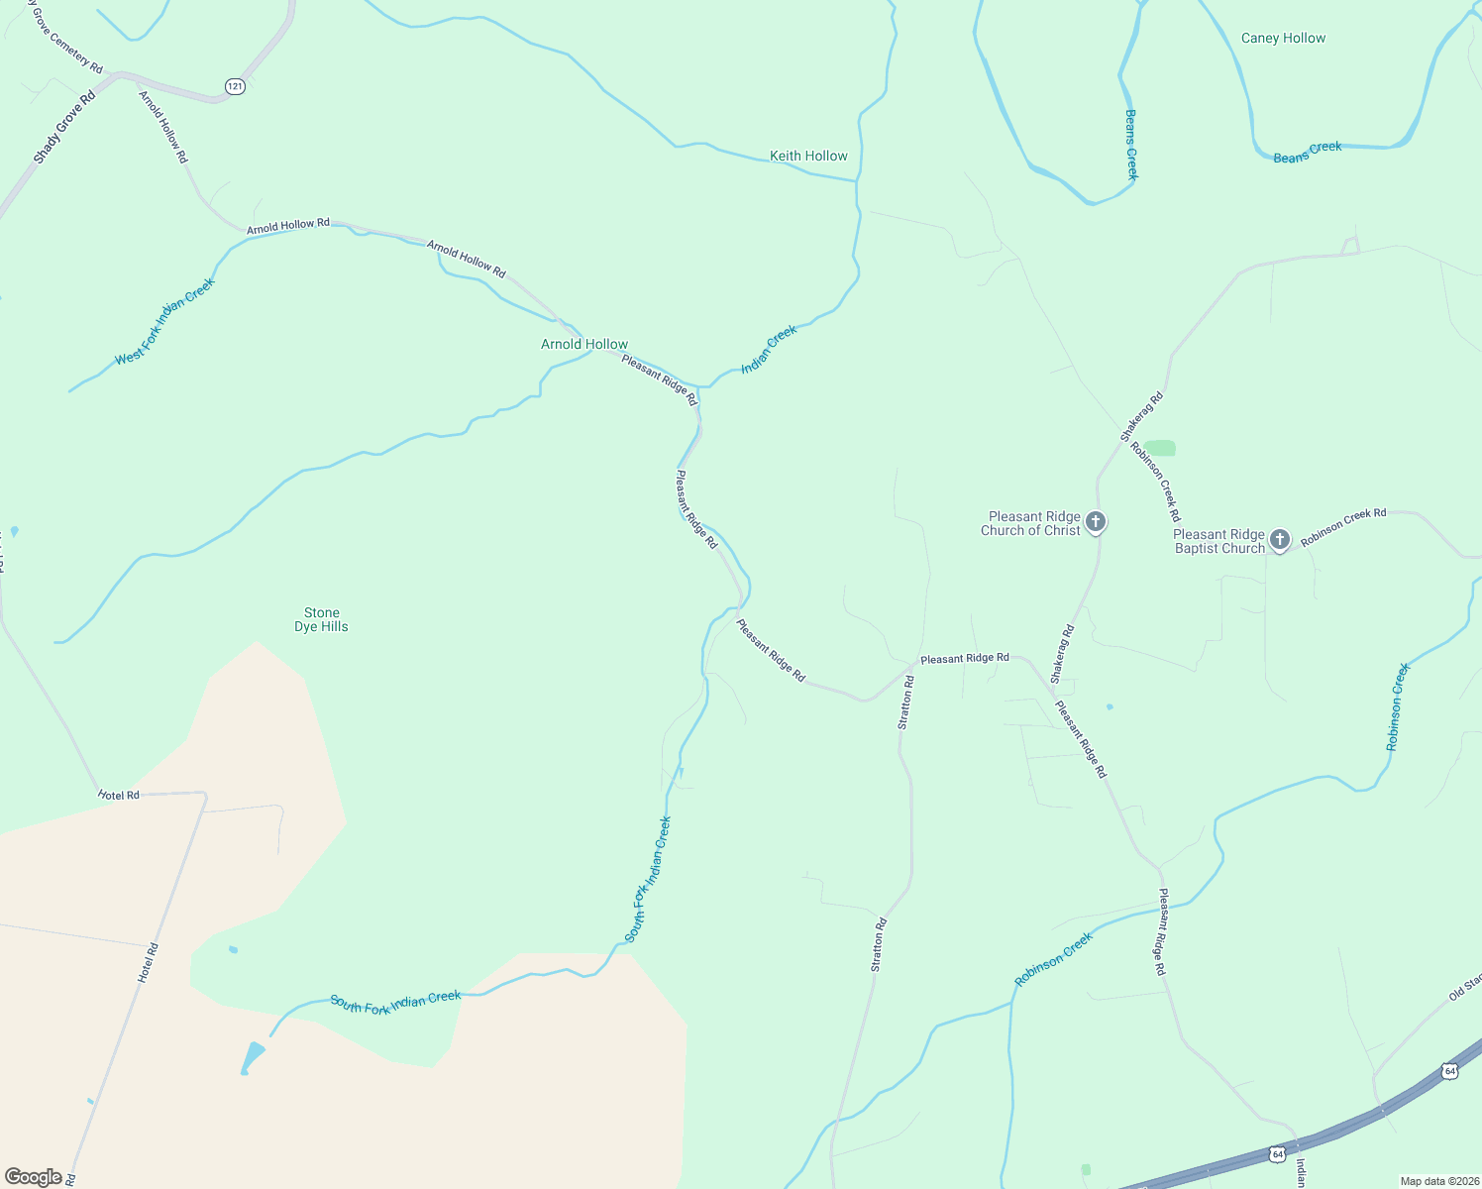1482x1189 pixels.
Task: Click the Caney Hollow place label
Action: (x=1283, y=39)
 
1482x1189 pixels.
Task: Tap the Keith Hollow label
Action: (x=808, y=156)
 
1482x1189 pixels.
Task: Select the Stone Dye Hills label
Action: (x=322, y=619)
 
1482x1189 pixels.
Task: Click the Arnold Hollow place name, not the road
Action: (x=583, y=344)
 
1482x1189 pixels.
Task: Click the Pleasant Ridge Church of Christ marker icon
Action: (x=1096, y=521)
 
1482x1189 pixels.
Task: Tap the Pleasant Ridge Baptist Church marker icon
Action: (x=1280, y=540)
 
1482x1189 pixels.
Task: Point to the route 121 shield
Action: (x=235, y=86)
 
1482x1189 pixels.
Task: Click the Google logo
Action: (x=33, y=1177)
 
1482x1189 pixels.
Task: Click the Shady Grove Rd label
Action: (x=63, y=127)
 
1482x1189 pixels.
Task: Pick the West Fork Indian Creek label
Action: (x=164, y=321)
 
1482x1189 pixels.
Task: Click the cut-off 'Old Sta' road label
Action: (x=1464, y=987)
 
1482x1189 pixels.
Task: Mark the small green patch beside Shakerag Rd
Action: (x=1160, y=448)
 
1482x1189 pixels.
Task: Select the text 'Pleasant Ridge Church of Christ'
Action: (x=1033, y=523)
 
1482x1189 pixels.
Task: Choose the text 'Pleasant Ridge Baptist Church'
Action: (x=1218, y=541)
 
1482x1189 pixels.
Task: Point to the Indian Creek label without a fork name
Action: (x=769, y=349)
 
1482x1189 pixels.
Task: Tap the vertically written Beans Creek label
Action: (x=1131, y=144)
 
